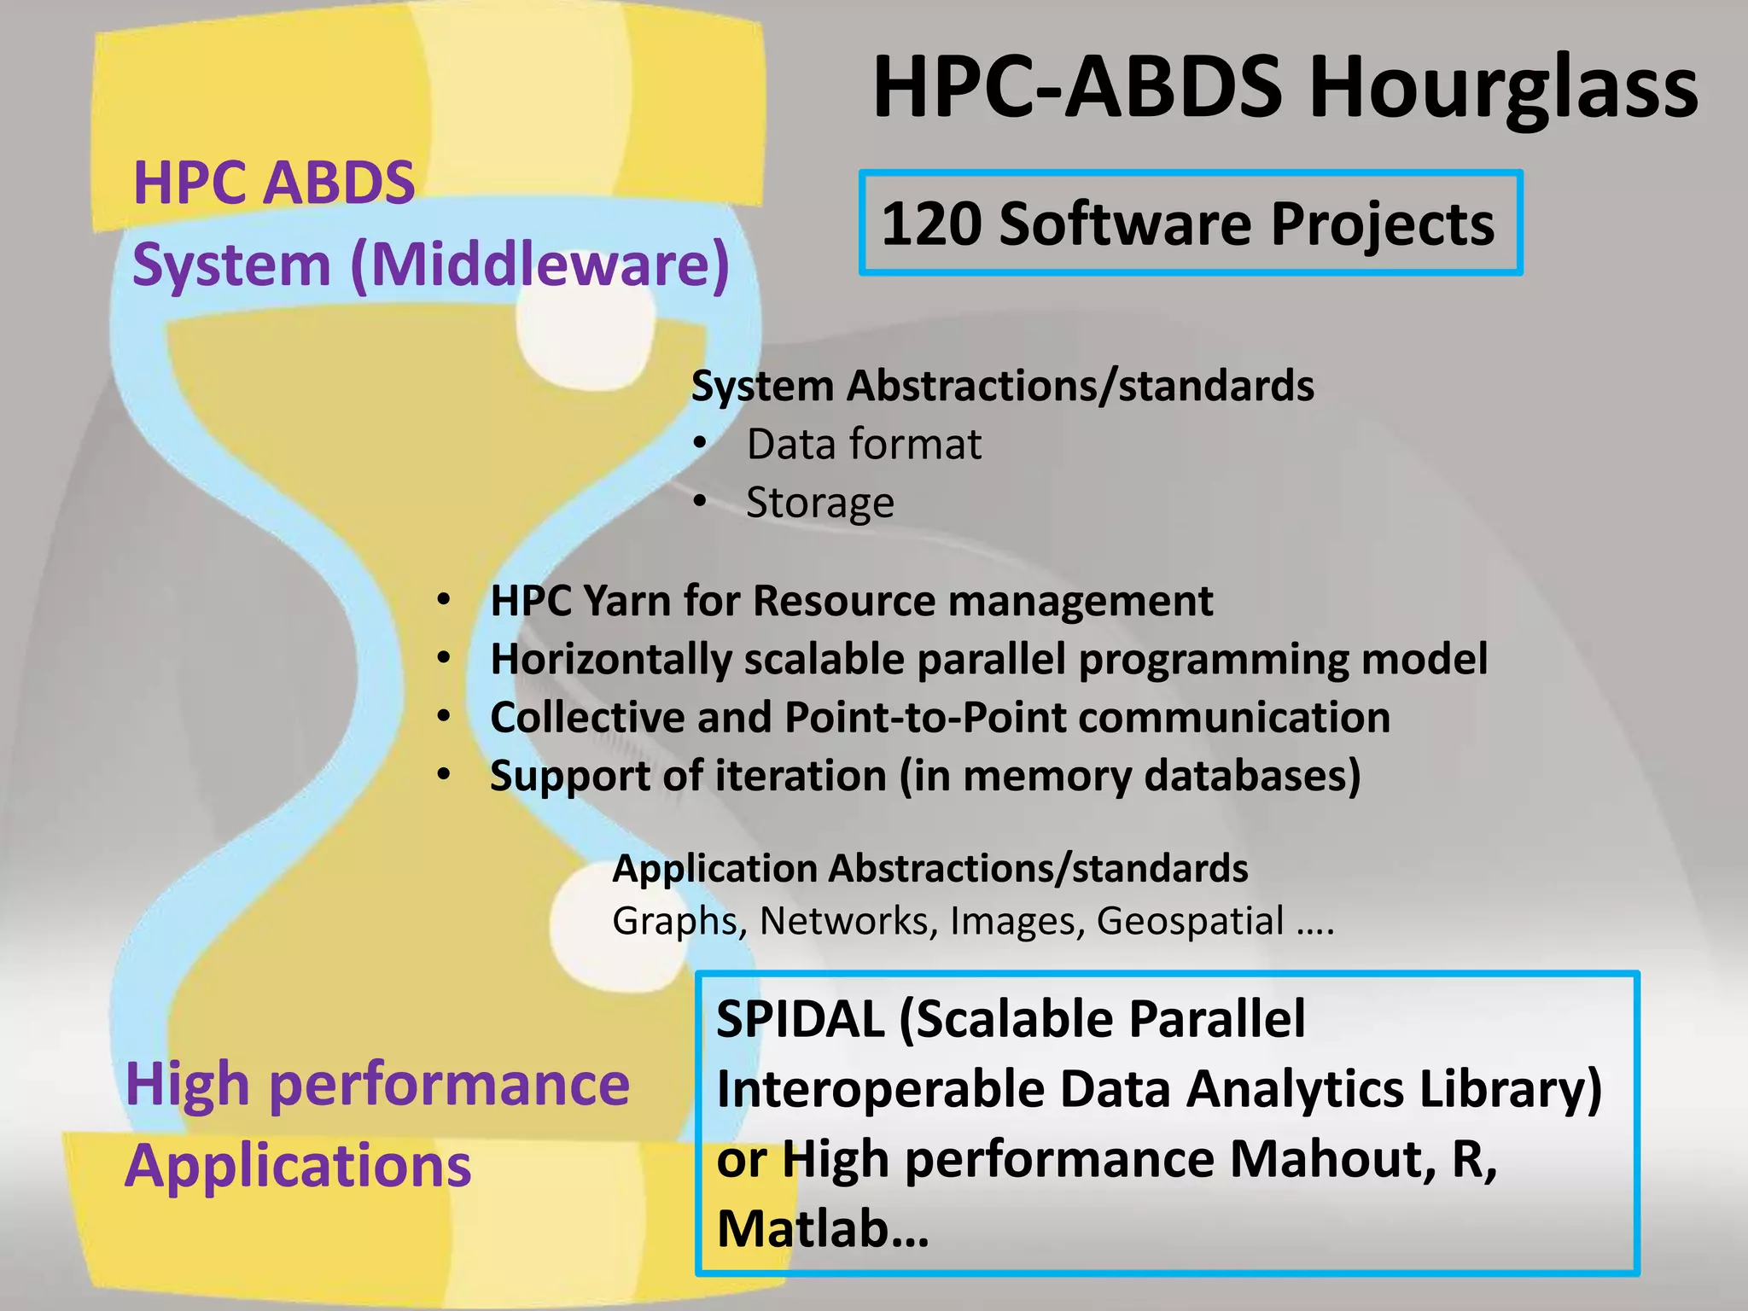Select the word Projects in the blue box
tap(1383, 224)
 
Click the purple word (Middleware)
tap(540, 265)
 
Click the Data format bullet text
tap(864, 445)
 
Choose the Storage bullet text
tap(820, 503)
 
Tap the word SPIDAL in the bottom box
tap(800, 1019)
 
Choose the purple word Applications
tap(298, 1166)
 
